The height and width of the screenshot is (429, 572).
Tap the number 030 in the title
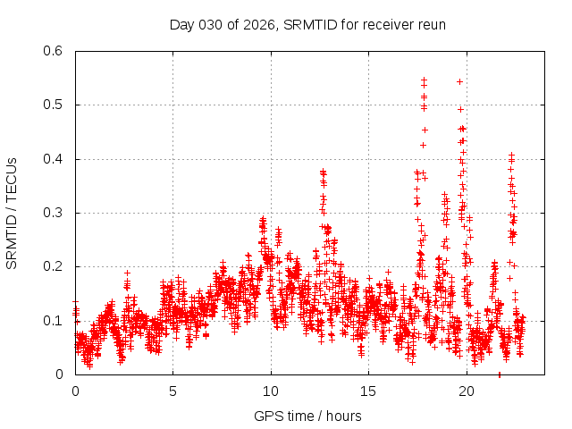point(211,24)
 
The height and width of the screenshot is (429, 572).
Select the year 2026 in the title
point(258,24)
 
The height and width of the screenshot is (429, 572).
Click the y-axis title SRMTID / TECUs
point(12,214)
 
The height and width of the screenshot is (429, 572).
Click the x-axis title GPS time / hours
point(307,416)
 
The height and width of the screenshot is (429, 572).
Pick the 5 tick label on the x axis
point(173,391)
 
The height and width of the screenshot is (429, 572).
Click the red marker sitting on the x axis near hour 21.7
point(499,374)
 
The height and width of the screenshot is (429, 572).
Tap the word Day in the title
point(182,24)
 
